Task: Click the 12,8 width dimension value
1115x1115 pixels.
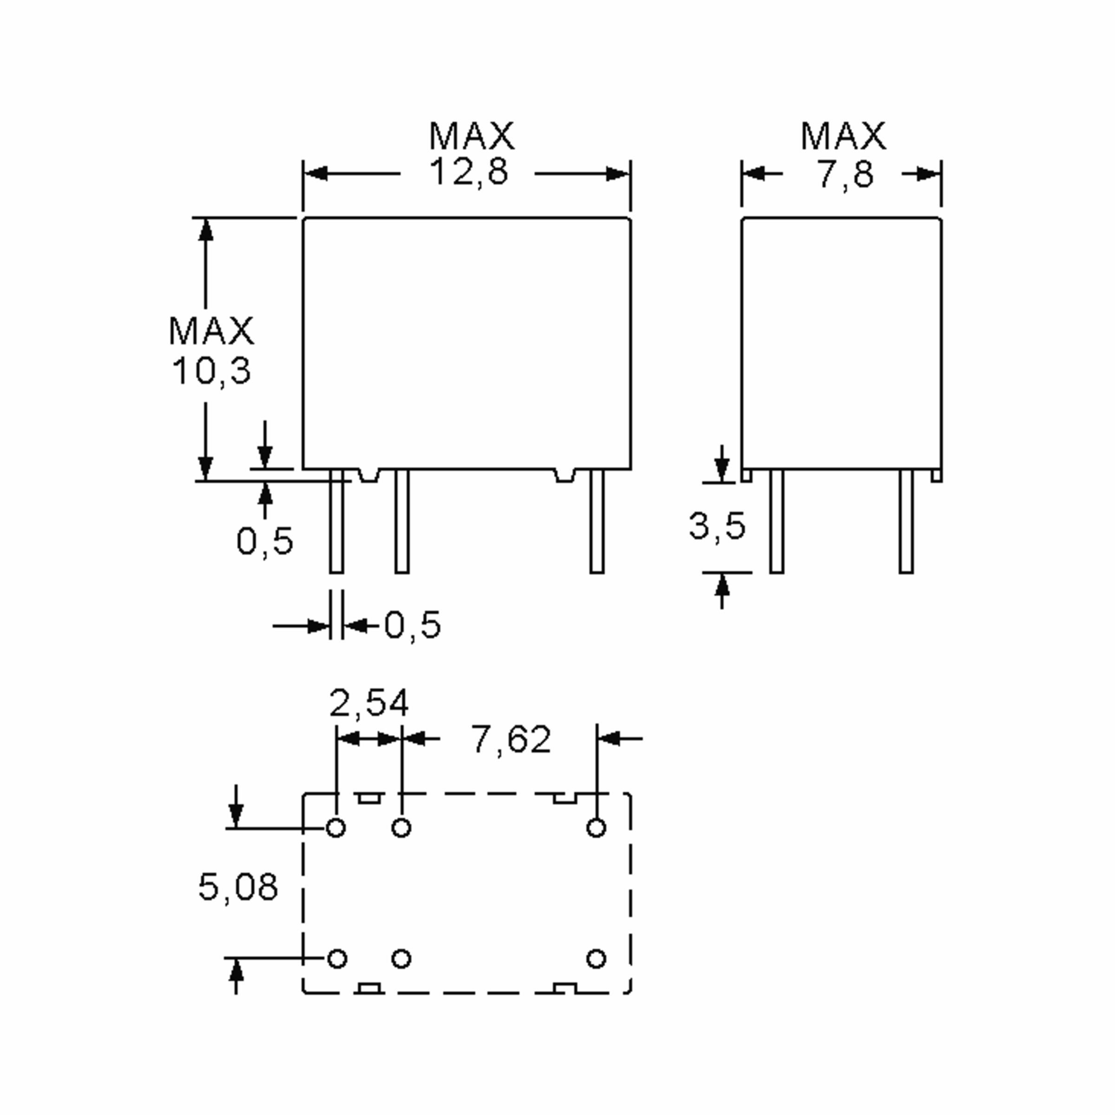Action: [469, 172]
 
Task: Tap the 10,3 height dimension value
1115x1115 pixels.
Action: [211, 370]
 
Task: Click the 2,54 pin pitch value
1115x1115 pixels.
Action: [369, 703]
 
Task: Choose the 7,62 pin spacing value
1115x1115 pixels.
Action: [512, 739]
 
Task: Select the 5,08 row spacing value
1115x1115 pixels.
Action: [238, 887]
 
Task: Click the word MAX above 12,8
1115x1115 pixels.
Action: [471, 136]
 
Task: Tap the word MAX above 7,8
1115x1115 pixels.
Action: [843, 136]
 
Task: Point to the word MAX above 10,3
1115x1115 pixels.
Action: [211, 331]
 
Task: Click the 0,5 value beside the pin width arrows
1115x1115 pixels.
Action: [413, 624]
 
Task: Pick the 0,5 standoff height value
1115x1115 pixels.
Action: [265, 541]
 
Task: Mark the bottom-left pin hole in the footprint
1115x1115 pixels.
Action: [337, 958]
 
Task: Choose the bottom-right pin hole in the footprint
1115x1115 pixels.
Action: [596, 958]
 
